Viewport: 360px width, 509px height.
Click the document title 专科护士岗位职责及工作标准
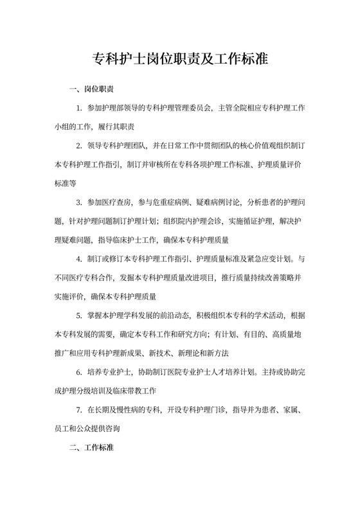(x=180, y=61)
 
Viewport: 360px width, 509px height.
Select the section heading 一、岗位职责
(x=92, y=89)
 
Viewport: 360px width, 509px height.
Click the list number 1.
(x=79, y=107)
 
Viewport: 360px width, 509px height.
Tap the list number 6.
(x=79, y=372)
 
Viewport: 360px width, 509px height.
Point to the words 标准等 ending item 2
(x=65, y=183)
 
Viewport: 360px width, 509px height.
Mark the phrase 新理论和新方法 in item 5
(x=202, y=353)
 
